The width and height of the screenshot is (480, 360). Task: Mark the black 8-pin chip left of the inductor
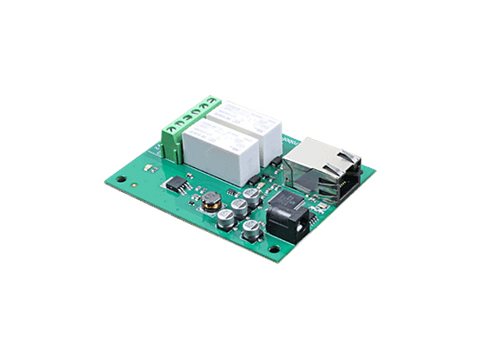coord(178,183)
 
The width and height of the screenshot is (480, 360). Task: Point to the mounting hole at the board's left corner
coord(120,181)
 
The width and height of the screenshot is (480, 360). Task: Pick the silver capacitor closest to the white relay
coord(253,194)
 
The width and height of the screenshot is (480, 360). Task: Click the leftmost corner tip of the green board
coord(104,178)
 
